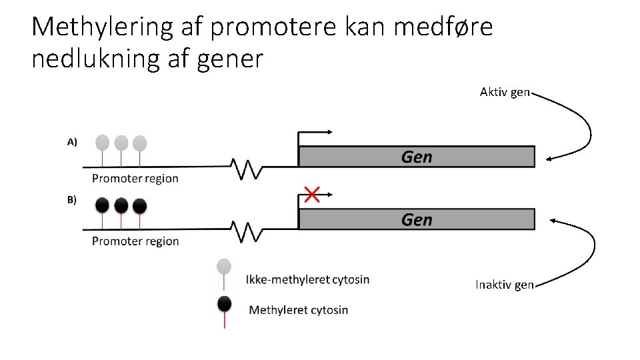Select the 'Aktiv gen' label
(505, 92)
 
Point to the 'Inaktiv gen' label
(504, 285)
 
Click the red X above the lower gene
(311, 195)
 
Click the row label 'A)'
(72, 141)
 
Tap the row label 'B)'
(72, 199)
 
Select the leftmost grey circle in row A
(102, 143)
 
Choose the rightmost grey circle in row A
(139, 143)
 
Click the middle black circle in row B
(121, 205)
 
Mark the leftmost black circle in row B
(102, 205)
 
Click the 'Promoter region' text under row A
(135, 178)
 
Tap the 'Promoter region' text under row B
(135, 241)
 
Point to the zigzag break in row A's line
(247, 169)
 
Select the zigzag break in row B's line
(247, 231)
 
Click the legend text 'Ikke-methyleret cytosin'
(307, 279)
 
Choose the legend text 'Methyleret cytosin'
(298, 309)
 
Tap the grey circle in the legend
(225, 267)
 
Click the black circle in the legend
(225, 304)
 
